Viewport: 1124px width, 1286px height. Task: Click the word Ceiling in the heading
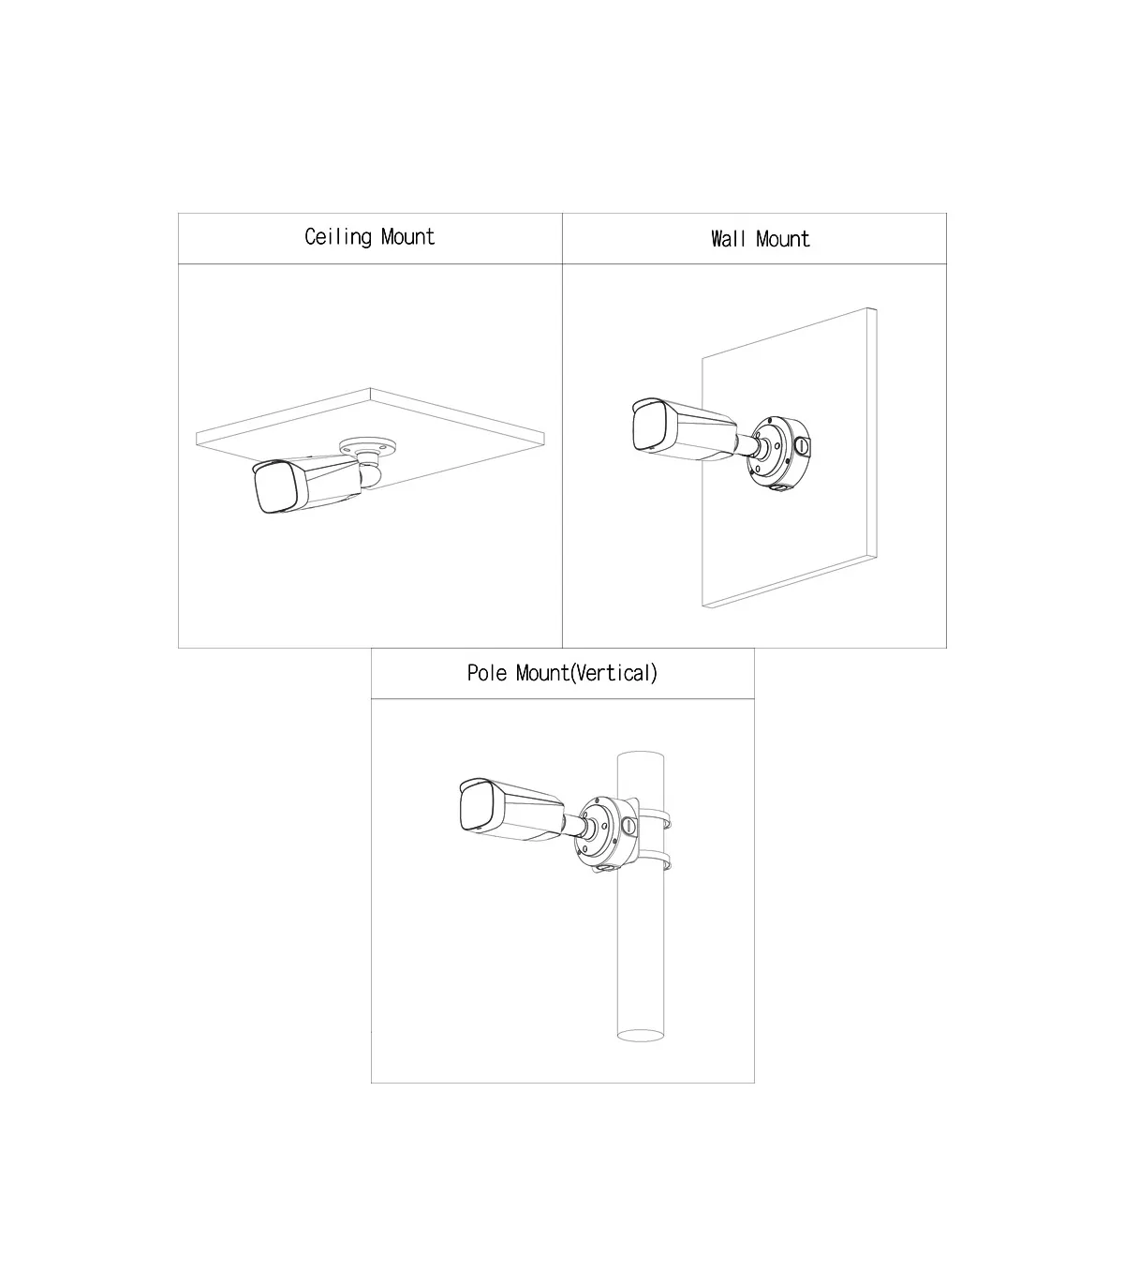click(338, 237)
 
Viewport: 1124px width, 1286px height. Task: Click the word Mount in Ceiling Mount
click(407, 236)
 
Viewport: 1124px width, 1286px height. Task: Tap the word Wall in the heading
click(728, 239)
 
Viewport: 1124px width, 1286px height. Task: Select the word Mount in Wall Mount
click(782, 239)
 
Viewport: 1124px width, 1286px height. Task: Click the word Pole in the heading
click(487, 673)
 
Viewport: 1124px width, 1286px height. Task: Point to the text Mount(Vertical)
click(586, 673)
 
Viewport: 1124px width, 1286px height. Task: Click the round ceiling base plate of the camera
click(368, 447)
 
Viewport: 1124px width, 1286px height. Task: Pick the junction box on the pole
click(606, 833)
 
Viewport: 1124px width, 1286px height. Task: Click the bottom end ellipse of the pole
click(641, 1035)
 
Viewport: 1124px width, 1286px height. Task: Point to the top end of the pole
click(641, 757)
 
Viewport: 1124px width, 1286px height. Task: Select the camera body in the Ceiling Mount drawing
click(307, 484)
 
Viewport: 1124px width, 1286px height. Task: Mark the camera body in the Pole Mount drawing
click(511, 810)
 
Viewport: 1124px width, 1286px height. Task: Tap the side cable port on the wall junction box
click(802, 446)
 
